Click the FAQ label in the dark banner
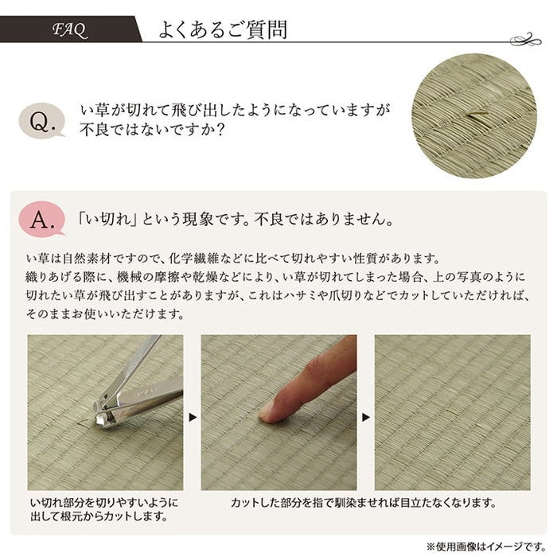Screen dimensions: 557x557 click(x=70, y=31)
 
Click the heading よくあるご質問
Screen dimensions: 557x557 click(x=223, y=31)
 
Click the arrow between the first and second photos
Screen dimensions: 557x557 click(x=192, y=415)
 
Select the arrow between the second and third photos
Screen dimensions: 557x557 click(x=366, y=415)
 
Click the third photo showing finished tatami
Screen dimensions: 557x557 click(x=452, y=412)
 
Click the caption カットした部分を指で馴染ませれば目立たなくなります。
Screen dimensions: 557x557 click(x=364, y=503)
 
